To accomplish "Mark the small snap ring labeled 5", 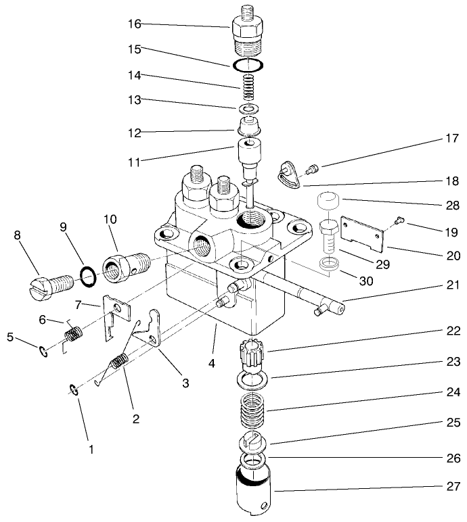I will click(x=43, y=350).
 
